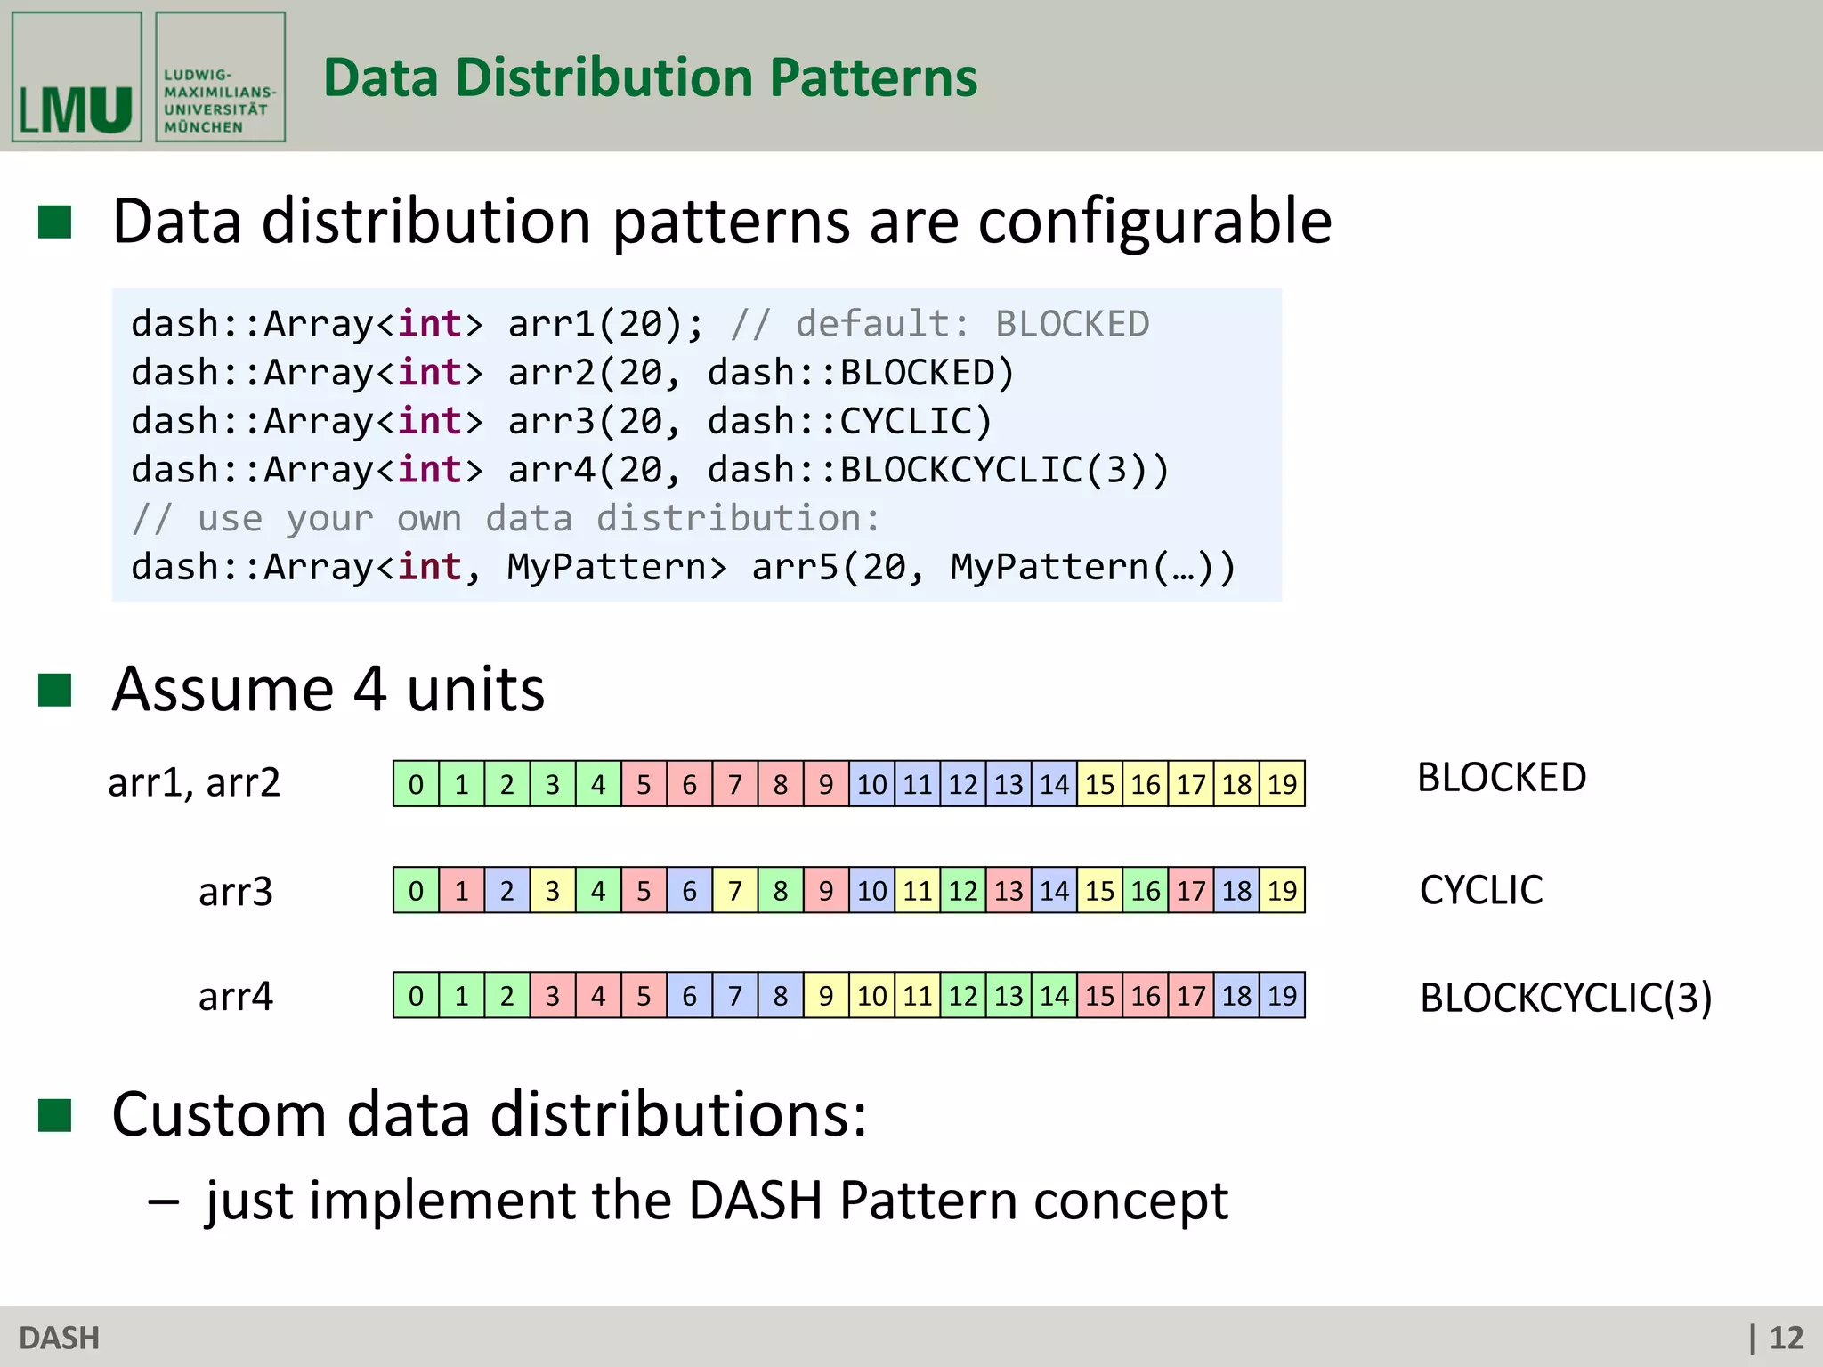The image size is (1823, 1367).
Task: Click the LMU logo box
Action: click(x=77, y=77)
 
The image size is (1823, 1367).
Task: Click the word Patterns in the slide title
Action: click(x=872, y=77)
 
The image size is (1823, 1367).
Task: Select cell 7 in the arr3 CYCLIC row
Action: click(x=735, y=890)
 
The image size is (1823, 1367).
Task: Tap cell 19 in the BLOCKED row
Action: click(x=1282, y=784)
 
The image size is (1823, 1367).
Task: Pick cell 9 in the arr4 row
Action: click(x=826, y=995)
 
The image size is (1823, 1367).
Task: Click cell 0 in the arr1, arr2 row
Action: click(x=416, y=784)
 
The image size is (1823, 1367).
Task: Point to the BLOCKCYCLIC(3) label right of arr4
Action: click(x=1565, y=998)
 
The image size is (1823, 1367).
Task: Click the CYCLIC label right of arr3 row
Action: click(x=1481, y=890)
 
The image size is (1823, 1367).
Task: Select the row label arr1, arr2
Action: click(x=194, y=783)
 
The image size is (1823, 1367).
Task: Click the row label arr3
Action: click(x=235, y=891)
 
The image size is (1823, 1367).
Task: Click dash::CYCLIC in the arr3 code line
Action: click(x=850, y=421)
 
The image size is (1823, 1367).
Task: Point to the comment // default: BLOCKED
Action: click(x=940, y=324)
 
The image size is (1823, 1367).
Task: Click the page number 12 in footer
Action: click(x=1785, y=1338)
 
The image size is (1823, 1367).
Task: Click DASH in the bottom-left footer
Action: click(x=59, y=1338)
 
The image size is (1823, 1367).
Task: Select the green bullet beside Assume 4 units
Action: click(x=54, y=689)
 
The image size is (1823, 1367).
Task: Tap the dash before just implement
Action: click(x=164, y=1201)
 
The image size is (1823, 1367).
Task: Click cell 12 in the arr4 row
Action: click(x=963, y=995)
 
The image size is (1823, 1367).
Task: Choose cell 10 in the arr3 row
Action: click(x=871, y=890)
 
